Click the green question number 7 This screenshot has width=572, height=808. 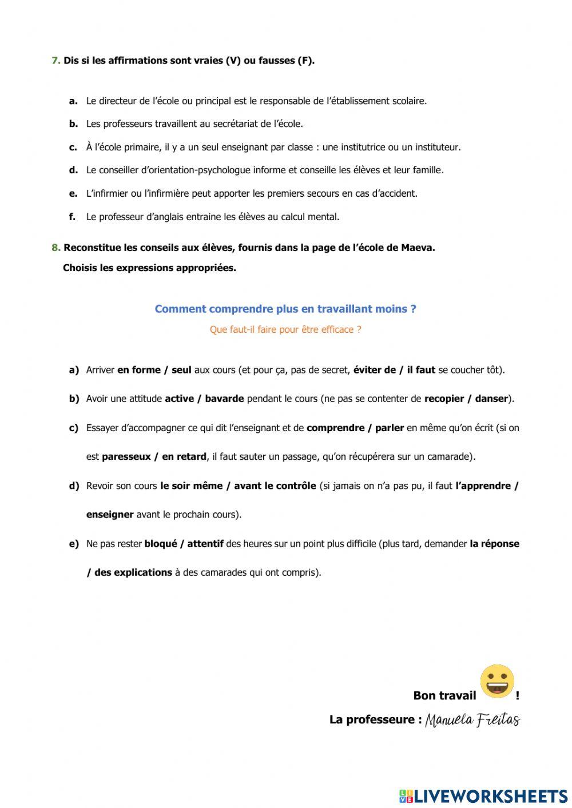(55, 61)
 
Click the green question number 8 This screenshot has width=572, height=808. (55, 248)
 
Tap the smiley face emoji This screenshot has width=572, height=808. (497, 681)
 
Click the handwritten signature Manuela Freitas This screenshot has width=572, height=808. (472, 719)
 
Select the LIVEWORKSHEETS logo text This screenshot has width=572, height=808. (490, 796)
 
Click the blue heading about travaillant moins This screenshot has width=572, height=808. (285, 309)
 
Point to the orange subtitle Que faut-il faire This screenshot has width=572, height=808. (285, 329)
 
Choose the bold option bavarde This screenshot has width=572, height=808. (224, 399)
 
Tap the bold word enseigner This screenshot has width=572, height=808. (110, 514)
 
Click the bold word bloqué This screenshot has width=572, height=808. (160, 543)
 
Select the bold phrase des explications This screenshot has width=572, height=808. (133, 572)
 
